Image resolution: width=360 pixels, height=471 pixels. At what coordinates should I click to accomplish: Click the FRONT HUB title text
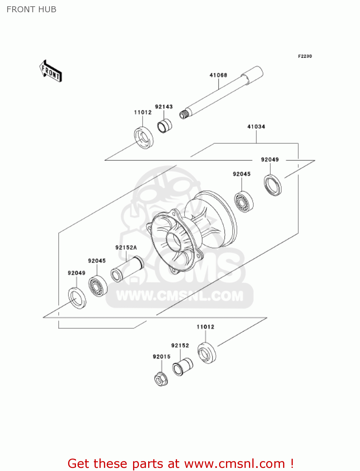click(x=31, y=9)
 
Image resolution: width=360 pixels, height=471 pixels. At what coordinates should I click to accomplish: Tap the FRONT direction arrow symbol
click(x=51, y=71)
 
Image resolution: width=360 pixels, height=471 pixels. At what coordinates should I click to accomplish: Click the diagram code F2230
click(x=305, y=56)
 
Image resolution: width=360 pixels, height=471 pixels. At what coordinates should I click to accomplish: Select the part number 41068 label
click(x=218, y=75)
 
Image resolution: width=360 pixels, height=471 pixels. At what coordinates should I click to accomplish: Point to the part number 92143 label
click(x=164, y=107)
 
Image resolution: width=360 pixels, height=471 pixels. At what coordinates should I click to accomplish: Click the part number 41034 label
click(x=256, y=127)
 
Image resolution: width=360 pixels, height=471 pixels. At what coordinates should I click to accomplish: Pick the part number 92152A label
click(x=126, y=247)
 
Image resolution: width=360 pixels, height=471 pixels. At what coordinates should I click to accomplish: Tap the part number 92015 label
click(x=162, y=357)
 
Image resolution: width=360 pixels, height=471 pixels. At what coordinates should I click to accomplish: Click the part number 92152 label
click(x=180, y=345)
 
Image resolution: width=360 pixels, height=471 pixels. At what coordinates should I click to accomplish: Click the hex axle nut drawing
click(x=161, y=379)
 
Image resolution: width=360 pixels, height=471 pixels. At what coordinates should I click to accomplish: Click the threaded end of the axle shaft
click(x=184, y=114)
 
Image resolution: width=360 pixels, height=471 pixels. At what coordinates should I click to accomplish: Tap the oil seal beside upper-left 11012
click(x=144, y=137)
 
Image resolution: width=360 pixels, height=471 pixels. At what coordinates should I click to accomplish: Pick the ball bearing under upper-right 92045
click(x=244, y=202)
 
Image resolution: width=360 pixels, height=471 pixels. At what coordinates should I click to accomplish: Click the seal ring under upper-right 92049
click(x=272, y=185)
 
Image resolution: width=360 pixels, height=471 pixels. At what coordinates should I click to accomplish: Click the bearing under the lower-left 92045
click(x=98, y=286)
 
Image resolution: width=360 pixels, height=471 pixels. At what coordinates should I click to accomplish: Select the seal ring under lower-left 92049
click(x=77, y=298)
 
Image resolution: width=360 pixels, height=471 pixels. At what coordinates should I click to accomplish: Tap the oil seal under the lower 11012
click(x=207, y=353)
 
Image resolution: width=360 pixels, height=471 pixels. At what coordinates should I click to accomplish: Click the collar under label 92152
click(x=182, y=367)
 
